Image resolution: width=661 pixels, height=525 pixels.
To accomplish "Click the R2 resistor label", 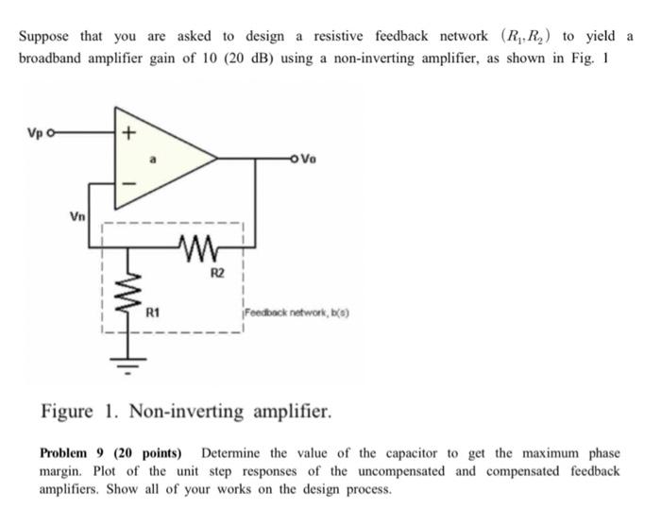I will pos(217,274).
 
